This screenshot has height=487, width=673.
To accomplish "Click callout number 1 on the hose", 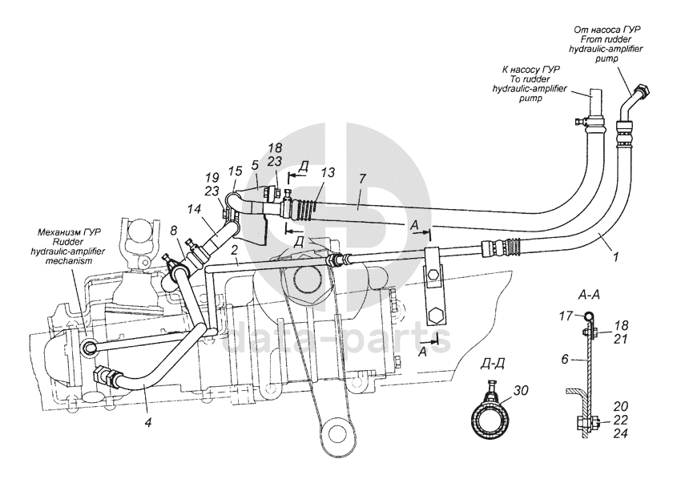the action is point(616,257).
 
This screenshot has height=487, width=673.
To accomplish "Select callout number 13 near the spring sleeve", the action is point(328,172).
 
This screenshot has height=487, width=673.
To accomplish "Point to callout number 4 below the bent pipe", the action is point(148,422).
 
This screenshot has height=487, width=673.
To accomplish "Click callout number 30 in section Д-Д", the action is point(521,390).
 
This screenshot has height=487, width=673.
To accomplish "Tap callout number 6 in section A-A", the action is point(565,359).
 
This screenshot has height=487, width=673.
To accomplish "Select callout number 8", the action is point(173,231).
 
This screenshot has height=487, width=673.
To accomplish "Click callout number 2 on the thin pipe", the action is point(234,250).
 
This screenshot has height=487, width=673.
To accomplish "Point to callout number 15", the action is point(236,171).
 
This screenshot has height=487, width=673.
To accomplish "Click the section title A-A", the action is point(589,295).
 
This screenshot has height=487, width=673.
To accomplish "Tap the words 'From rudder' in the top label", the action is point(606,39).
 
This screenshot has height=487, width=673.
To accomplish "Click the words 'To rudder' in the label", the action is point(530,79).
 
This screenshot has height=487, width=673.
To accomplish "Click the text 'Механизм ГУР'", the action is point(69,232).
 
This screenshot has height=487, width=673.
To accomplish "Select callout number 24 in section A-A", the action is point(620,433).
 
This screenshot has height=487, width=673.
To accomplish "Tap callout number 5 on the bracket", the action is point(255,166).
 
